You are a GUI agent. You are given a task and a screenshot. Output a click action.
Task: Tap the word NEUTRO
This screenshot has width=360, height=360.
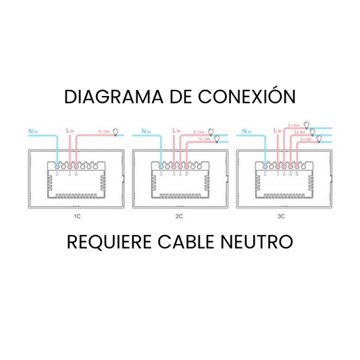point(259,242)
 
